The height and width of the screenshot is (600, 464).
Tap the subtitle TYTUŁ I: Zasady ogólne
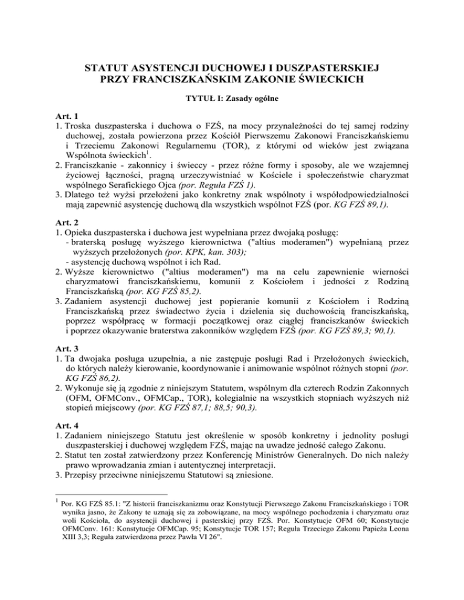pos(231,96)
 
